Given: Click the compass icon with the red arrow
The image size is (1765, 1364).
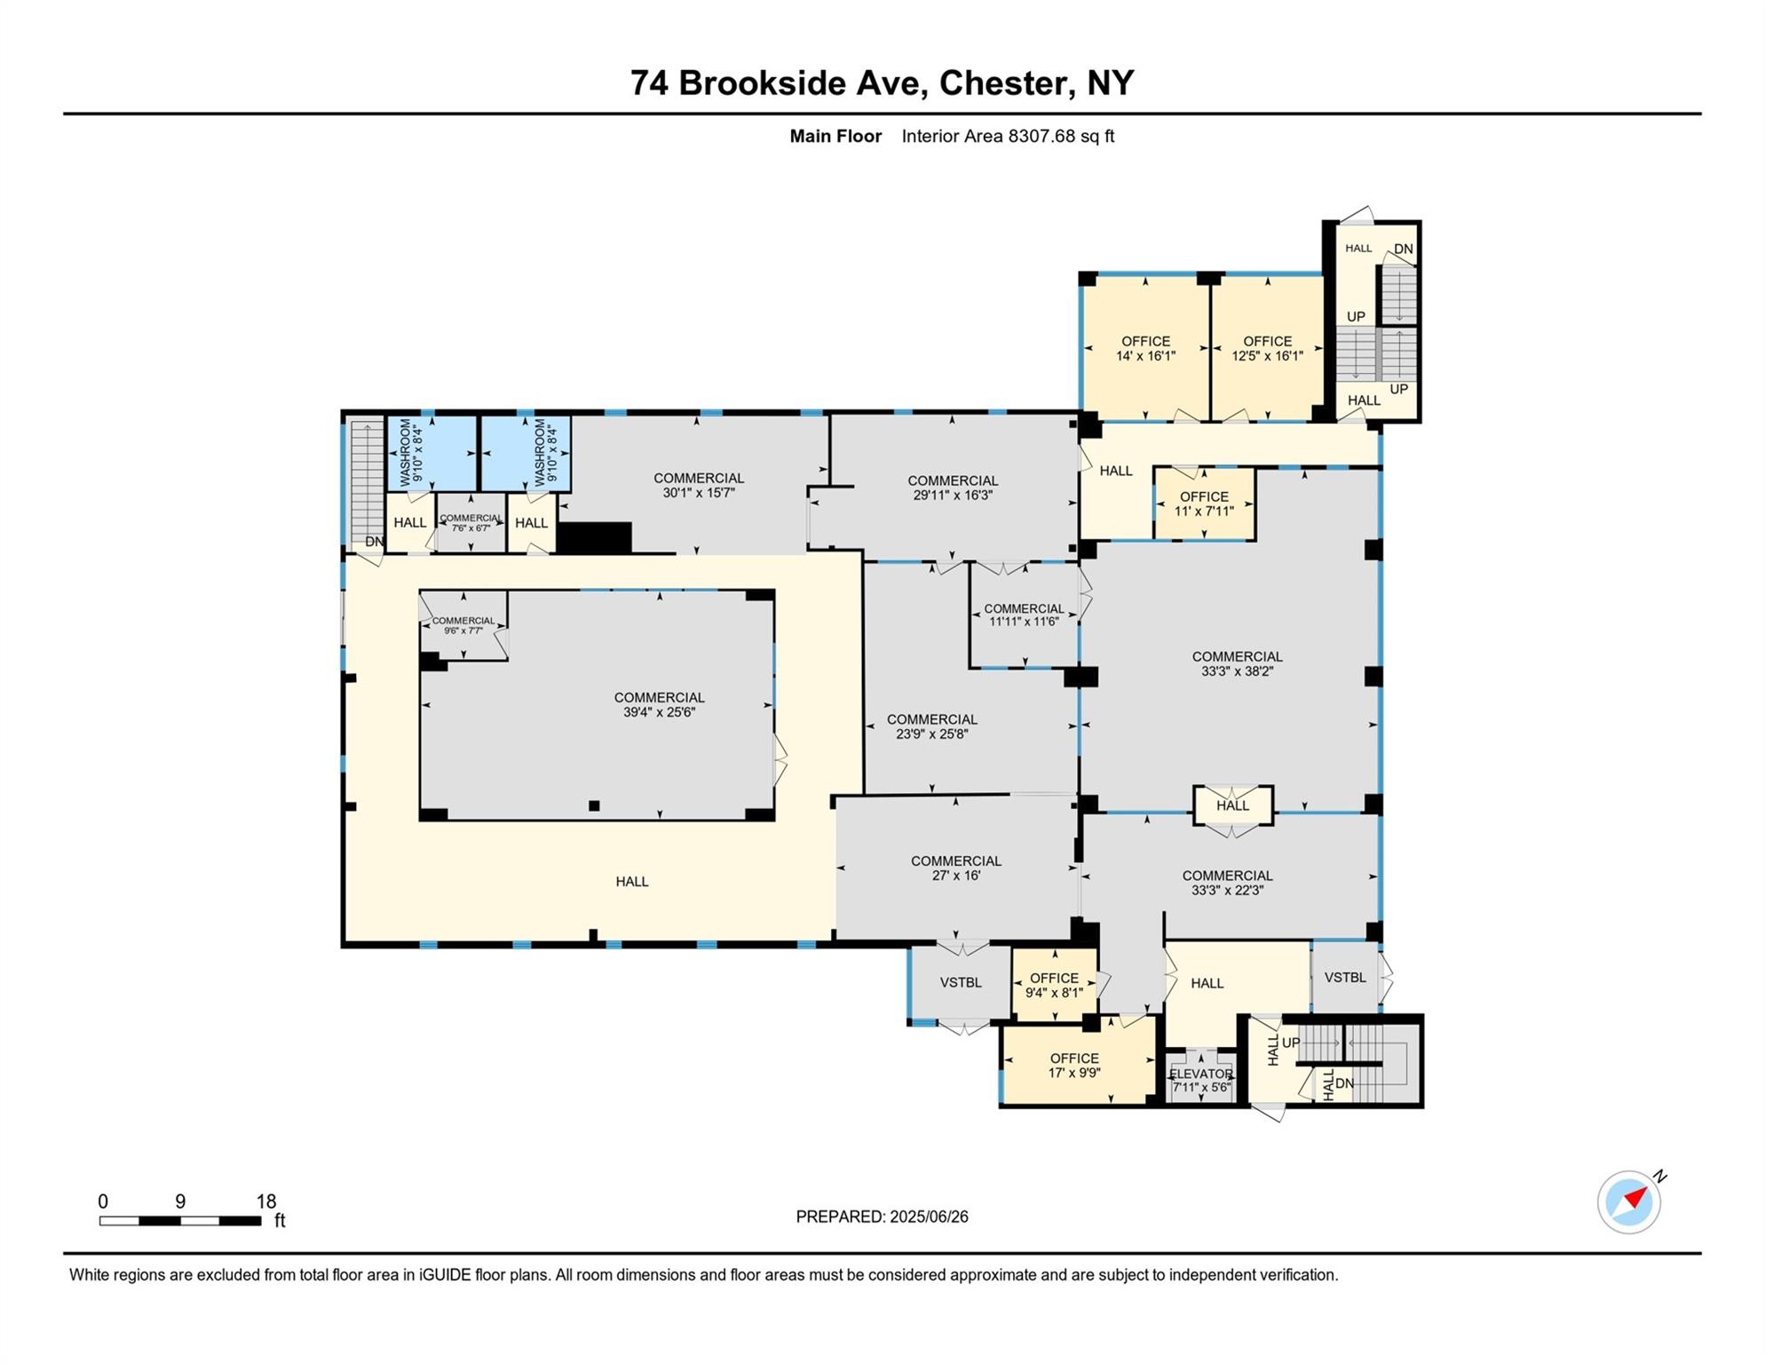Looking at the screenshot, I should (x=1628, y=1201).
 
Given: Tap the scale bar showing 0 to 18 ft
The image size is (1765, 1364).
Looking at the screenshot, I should (x=180, y=1220).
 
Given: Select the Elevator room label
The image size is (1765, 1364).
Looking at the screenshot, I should (x=1200, y=1080).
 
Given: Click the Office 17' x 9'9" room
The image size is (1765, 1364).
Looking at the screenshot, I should (x=1074, y=1065).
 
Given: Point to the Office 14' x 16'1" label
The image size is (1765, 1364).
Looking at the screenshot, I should (x=1145, y=348).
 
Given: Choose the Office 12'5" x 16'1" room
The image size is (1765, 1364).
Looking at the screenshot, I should (x=1267, y=348).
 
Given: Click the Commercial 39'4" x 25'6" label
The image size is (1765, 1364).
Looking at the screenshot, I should (x=659, y=704).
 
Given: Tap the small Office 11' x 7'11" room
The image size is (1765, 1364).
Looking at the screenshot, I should (x=1204, y=504).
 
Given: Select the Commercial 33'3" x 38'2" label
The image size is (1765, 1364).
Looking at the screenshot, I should (x=1237, y=663).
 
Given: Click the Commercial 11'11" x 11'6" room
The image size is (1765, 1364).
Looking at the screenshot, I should (x=1024, y=615).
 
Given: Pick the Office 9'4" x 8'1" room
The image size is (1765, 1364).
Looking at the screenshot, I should (x=1054, y=985).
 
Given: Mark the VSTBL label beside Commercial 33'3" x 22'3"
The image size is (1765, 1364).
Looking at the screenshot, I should (x=1344, y=977).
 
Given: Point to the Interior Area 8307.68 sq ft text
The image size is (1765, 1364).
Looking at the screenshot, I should (x=1007, y=136).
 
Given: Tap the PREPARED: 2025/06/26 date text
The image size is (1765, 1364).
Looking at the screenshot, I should (x=882, y=1217).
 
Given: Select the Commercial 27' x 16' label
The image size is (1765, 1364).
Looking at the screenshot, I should (x=955, y=868).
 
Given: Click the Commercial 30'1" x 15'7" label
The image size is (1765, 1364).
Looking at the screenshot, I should (x=699, y=485).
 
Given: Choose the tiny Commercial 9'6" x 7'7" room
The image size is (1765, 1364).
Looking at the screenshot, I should (x=463, y=625).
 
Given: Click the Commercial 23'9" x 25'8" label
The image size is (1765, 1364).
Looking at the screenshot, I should (x=931, y=726).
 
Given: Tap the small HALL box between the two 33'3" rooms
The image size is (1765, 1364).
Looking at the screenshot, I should (x=1232, y=805).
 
